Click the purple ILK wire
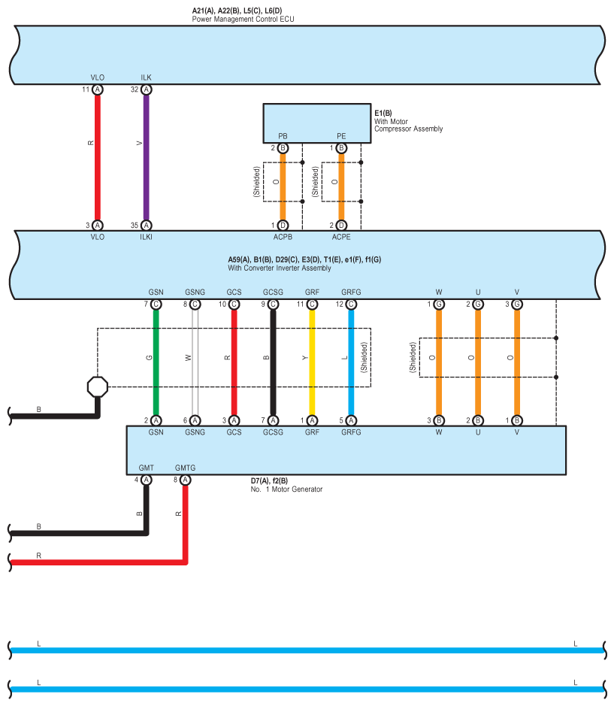pos(147,158)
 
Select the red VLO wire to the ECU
pos(98,158)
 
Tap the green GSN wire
pos(156,361)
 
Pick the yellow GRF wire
pos(312,361)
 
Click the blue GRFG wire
pos(351,361)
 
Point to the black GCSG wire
pos(273,361)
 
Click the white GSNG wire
pos(195,361)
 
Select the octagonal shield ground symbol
pos(98,386)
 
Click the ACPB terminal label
pos(283,237)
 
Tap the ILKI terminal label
pos(147,237)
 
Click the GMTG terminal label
pos(185,468)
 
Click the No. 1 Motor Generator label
pos(286,489)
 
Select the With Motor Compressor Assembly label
pos(408,125)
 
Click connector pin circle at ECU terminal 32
pos(147,89)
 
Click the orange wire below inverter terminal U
pos(478,361)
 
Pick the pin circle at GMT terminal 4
pos(146,480)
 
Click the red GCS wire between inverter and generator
pos(234,361)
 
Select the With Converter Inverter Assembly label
pos(280,268)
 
